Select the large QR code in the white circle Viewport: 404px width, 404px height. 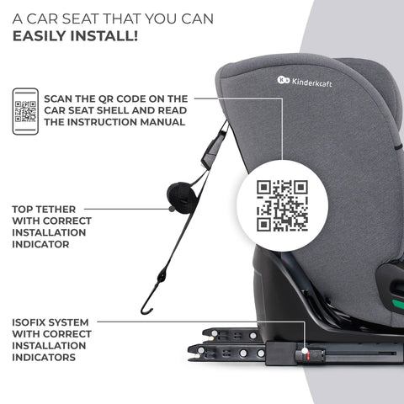282,205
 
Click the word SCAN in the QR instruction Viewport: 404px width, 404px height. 64,98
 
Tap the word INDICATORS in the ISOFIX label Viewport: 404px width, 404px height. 50,356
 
